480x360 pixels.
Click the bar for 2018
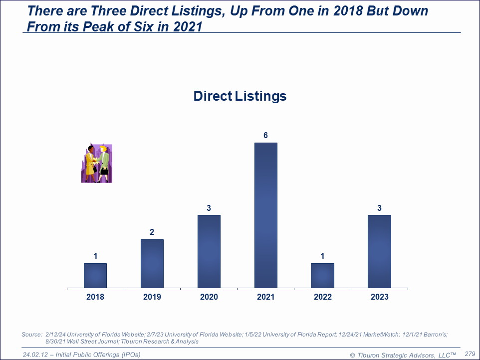[95, 276]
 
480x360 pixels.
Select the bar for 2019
[152, 264]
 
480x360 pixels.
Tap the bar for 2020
[209, 251]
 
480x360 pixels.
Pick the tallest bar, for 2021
[266, 215]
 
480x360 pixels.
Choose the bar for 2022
[322, 276]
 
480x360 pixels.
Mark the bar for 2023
[379, 251]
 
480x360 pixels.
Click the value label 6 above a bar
[266, 136]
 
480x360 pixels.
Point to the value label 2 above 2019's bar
[152, 232]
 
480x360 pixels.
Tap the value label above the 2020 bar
[209, 208]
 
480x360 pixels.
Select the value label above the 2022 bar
[322, 256]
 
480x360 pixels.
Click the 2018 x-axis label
[95, 297]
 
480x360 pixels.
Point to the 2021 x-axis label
[266, 297]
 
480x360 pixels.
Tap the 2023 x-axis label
[379, 297]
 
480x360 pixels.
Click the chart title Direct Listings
[240, 96]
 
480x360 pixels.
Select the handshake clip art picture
[97, 164]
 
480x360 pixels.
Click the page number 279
[470, 354]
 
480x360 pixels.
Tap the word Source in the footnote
[31, 335]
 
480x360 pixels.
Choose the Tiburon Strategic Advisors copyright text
[403, 355]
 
